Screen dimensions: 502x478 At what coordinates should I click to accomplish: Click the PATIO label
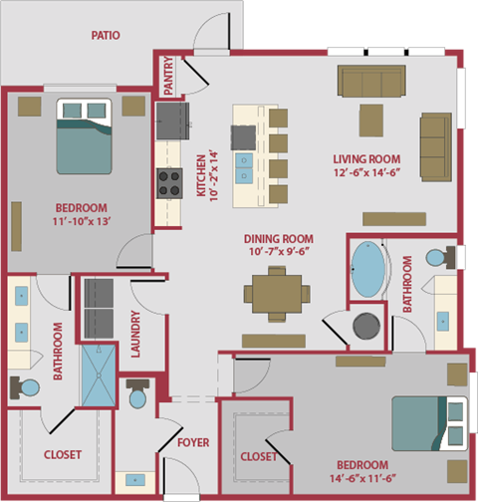click(x=105, y=35)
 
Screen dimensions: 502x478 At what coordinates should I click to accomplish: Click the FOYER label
click(x=192, y=442)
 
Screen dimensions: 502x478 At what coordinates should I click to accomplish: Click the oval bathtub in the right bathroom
click(x=370, y=269)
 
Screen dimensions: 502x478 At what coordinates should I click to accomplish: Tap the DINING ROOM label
click(x=279, y=238)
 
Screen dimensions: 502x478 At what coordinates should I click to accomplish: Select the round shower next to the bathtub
click(x=368, y=326)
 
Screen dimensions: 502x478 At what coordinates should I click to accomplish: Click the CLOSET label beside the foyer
click(x=259, y=456)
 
